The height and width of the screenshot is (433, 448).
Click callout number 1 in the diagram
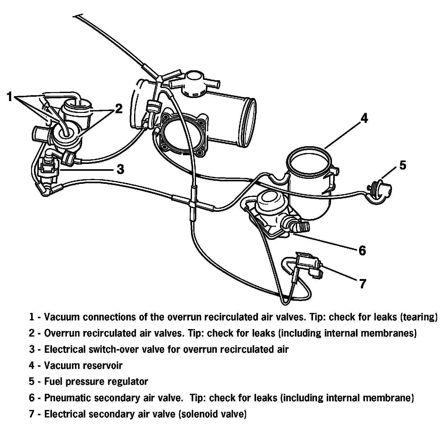10,97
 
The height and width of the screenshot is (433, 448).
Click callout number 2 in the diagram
119,109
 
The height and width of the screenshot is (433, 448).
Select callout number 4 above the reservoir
364,119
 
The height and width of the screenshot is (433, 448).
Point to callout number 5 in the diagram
403,165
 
